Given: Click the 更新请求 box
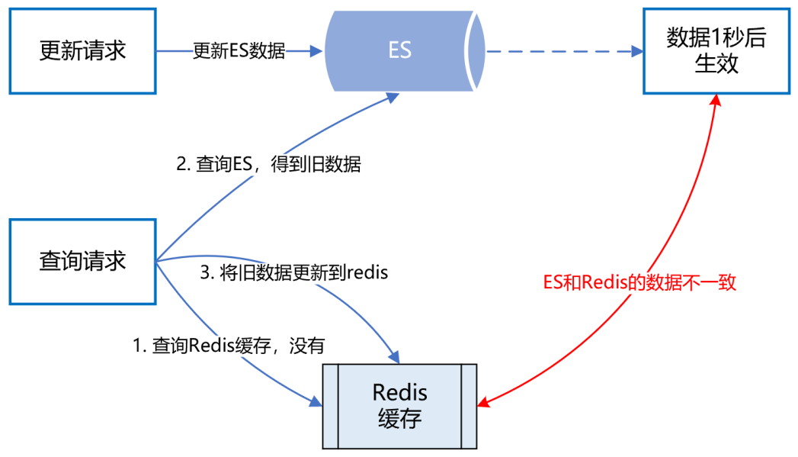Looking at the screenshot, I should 82,51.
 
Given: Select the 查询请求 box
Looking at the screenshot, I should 82,262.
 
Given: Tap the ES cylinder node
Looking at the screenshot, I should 400,51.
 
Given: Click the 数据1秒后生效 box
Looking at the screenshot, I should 716,51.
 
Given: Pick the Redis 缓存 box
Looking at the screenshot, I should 400,405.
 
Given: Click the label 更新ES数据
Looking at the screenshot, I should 239,51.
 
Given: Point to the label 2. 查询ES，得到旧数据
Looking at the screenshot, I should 268,165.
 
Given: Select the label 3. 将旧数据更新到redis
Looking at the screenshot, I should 293,273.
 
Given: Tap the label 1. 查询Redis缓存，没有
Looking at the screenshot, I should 229,346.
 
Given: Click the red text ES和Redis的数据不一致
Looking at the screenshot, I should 639,282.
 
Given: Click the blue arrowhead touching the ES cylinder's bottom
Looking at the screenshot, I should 393,96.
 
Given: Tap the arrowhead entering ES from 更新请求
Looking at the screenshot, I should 317,51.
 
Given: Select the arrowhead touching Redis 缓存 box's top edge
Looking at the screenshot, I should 393,356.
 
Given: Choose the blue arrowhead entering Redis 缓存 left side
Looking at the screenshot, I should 316,401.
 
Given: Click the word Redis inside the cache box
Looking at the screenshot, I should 400,393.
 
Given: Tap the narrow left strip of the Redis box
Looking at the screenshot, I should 329,405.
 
